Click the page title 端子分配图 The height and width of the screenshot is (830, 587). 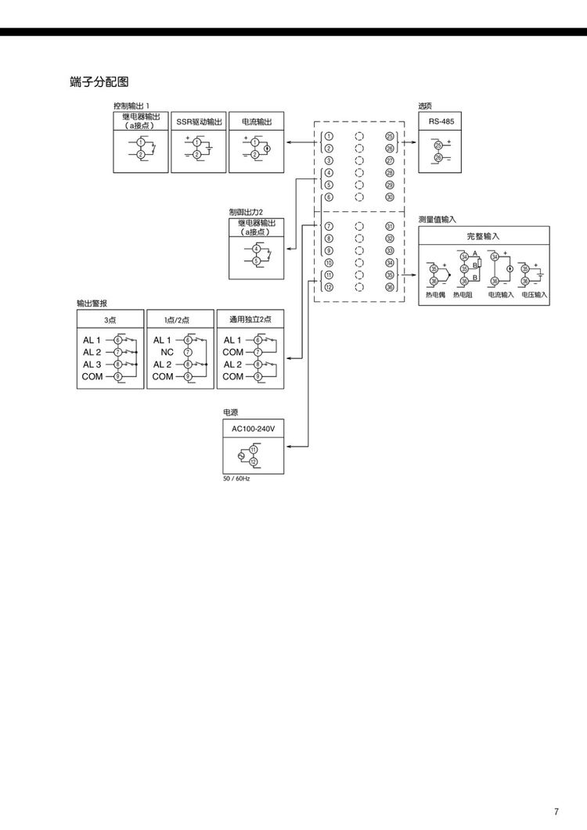99,81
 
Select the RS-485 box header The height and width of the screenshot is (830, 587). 441,121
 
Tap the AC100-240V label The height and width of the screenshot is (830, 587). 254,429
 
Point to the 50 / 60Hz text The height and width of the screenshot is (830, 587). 236,477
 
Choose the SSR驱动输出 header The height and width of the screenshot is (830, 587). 199,121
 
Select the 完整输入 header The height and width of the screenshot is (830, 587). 483,235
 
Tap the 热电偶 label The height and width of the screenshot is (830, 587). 435,295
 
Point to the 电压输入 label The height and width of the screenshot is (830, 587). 535,295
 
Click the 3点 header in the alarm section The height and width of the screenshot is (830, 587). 110,319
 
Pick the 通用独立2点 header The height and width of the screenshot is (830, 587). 250,319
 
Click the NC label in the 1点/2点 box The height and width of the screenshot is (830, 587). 167,352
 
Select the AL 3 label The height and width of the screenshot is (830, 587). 92,365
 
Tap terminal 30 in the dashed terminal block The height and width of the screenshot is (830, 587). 389,197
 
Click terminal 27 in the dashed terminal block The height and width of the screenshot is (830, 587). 389,160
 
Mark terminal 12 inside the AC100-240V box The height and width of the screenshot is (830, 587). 254,462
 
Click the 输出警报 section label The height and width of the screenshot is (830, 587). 92,303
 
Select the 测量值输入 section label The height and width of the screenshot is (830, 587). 437,221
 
